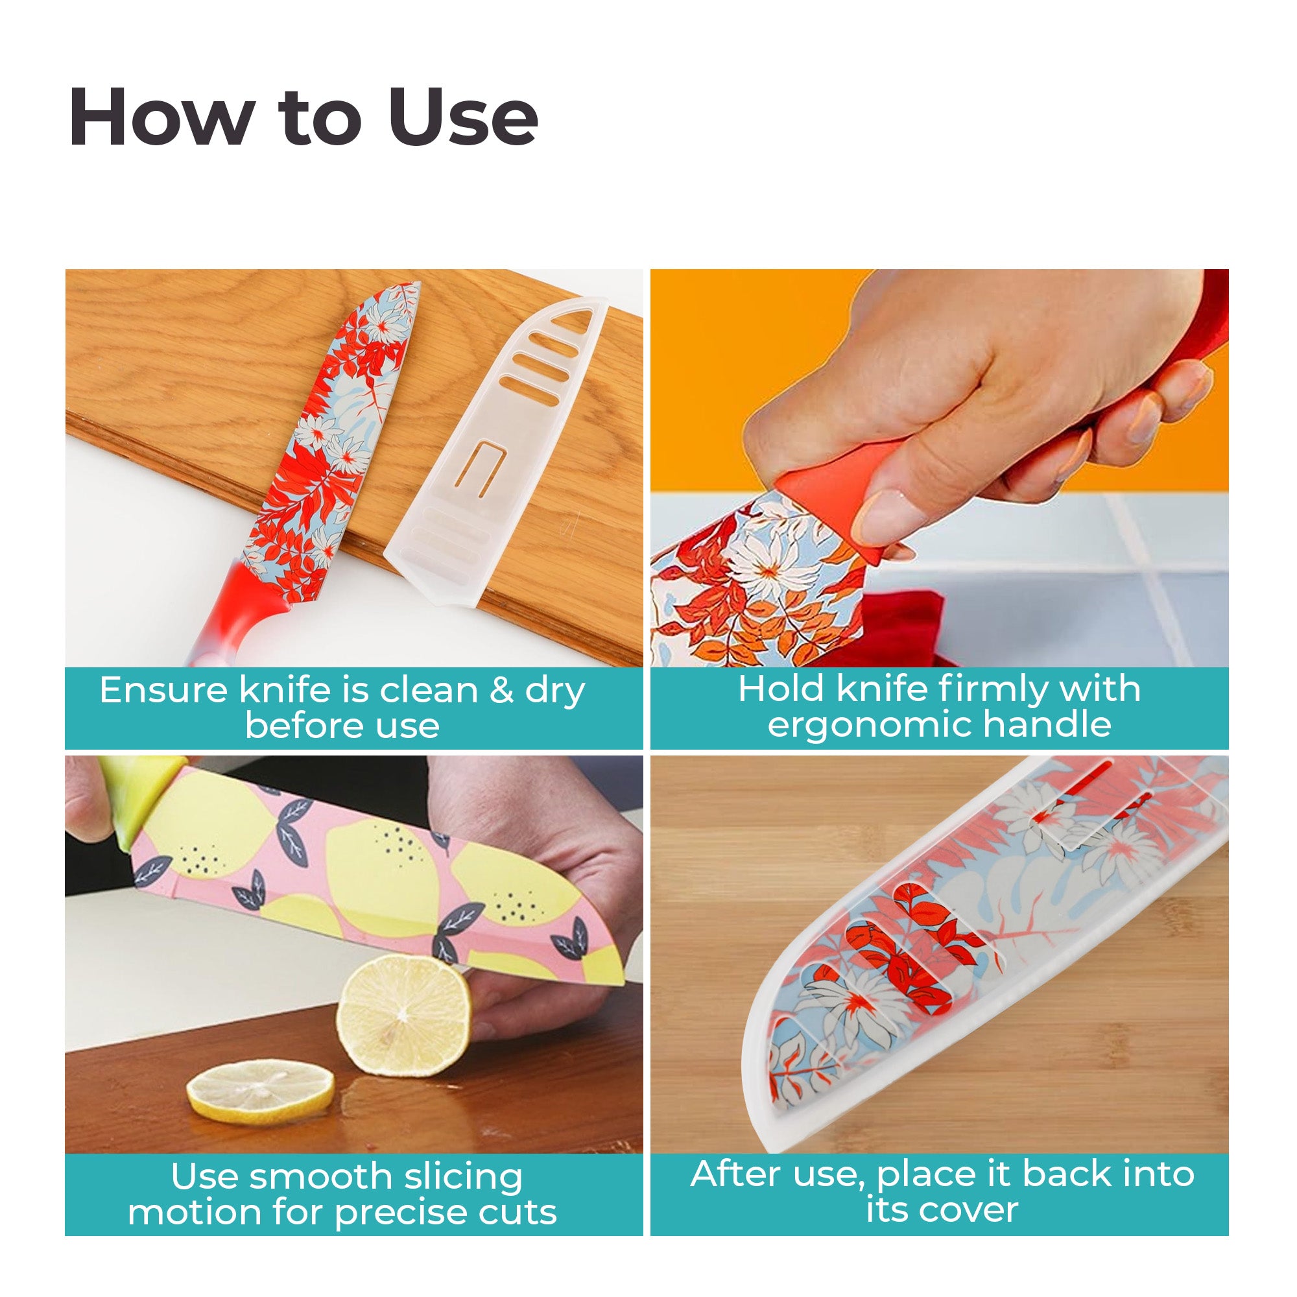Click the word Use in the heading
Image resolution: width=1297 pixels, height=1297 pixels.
point(462,117)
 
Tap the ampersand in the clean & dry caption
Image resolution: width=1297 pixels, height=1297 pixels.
point(501,690)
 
